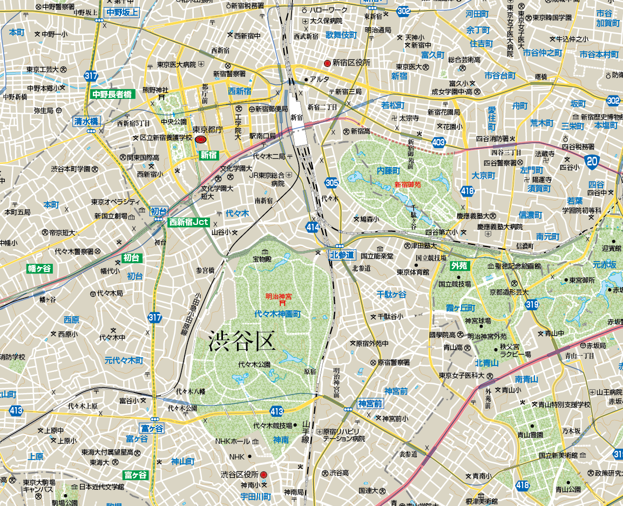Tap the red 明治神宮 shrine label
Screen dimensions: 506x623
coord(279,296)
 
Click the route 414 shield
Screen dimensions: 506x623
coord(313,227)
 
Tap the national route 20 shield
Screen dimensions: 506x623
coord(592,161)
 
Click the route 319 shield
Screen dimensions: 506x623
coord(532,305)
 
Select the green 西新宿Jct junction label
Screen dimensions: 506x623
coord(189,222)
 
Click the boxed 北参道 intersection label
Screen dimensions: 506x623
coord(343,255)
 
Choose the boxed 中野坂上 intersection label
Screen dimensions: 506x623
coord(122,12)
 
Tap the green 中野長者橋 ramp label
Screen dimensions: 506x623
coord(112,94)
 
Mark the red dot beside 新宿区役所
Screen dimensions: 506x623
coord(327,63)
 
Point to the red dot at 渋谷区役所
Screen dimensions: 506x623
coord(263,475)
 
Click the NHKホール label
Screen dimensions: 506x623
coord(233,441)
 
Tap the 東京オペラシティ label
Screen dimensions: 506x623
coord(116,202)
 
